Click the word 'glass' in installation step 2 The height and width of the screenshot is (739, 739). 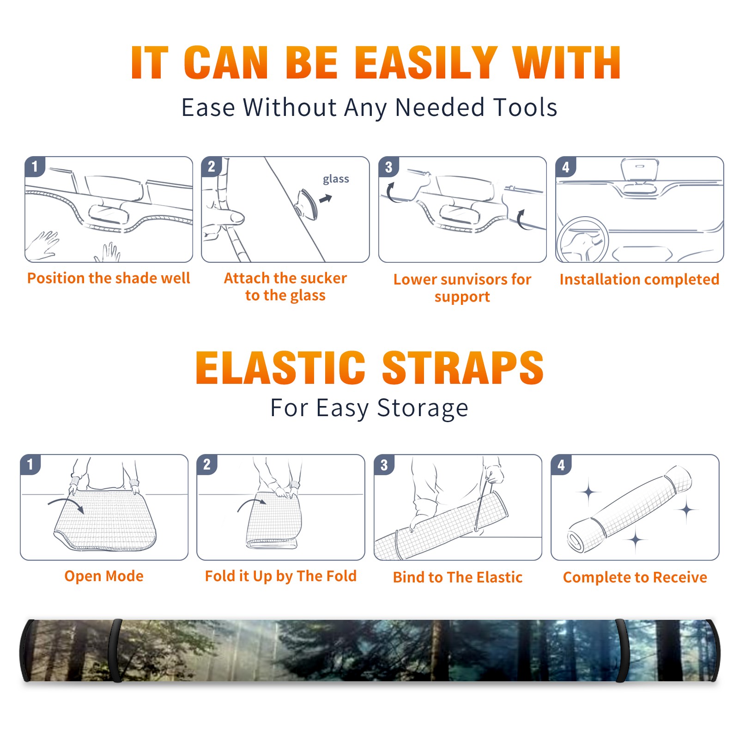point(336,179)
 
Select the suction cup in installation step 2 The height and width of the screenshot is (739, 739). point(307,204)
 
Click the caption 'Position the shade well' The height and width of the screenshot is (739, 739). point(109,278)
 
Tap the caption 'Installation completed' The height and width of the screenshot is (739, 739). point(639,279)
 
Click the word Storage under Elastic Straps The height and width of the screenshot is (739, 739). point(423,408)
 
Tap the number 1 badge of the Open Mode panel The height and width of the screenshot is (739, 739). point(30,464)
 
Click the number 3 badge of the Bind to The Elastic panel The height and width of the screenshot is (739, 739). point(384,465)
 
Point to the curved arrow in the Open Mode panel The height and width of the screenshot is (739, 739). point(66,504)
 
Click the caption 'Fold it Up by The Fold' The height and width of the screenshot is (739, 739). point(281,576)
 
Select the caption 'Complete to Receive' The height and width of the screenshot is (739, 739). point(635,577)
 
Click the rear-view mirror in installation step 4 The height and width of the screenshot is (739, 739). point(640,170)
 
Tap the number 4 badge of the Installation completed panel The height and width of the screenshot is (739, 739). point(566,167)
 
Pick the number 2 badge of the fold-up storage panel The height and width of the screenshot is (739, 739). point(207,464)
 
